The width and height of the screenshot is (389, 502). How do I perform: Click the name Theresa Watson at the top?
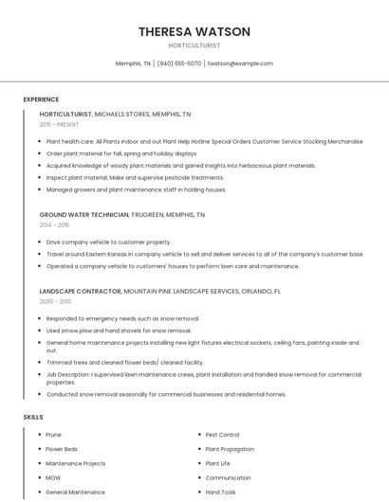pyautogui.click(x=194, y=31)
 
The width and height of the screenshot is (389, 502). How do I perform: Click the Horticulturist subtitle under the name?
pyautogui.click(x=194, y=45)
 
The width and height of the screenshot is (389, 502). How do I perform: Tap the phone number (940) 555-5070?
pyautogui.click(x=178, y=63)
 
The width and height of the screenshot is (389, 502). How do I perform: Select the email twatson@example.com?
pyautogui.click(x=240, y=63)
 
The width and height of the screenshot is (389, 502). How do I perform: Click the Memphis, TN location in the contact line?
pyautogui.click(x=133, y=63)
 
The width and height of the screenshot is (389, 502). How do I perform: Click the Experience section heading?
pyautogui.click(x=41, y=99)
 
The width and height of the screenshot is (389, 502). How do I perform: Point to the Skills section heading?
pyautogui.click(x=33, y=417)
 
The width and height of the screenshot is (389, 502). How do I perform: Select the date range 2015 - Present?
pyautogui.click(x=60, y=124)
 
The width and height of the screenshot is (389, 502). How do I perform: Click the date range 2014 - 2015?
pyautogui.click(x=54, y=225)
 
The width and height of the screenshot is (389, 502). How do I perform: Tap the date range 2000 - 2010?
pyautogui.click(x=55, y=301)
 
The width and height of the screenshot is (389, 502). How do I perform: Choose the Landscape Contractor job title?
pyautogui.click(x=81, y=291)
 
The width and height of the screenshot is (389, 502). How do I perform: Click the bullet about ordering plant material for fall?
pyautogui.click(x=121, y=153)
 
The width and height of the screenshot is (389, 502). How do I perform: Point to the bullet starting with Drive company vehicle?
pyautogui.click(x=108, y=242)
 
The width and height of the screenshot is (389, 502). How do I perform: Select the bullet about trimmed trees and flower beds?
pyautogui.click(x=124, y=362)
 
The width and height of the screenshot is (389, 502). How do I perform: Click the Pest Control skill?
pyautogui.click(x=222, y=435)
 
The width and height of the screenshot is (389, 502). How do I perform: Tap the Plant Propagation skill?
pyautogui.click(x=230, y=449)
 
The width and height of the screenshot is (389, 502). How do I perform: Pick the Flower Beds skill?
pyautogui.click(x=62, y=449)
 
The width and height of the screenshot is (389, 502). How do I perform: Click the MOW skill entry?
pyautogui.click(x=53, y=478)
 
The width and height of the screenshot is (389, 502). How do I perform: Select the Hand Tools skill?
pyautogui.click(x=220, y=493)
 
